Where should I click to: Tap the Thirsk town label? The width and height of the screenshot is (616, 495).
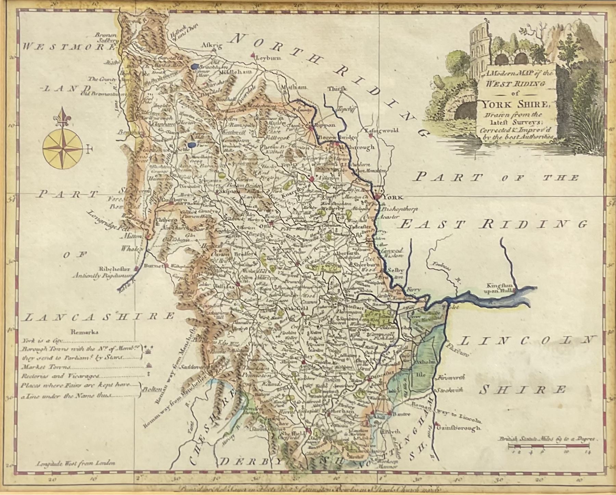[337, 88]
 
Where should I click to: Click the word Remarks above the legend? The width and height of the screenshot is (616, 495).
[85, 332]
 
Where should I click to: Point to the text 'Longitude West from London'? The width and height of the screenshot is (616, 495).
[75, 463]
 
